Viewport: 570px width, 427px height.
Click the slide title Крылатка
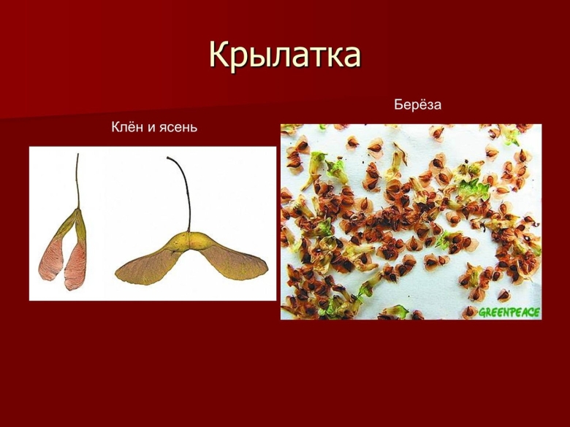point(285,55)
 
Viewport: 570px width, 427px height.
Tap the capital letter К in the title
point(220,55)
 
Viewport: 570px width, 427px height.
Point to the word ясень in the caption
point(178,128)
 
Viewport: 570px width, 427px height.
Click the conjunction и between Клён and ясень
point(152,128)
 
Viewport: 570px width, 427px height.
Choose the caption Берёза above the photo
point(418,105)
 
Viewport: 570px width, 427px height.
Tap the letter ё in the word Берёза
point(419,105)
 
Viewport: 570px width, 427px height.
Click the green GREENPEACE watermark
point(509,312)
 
